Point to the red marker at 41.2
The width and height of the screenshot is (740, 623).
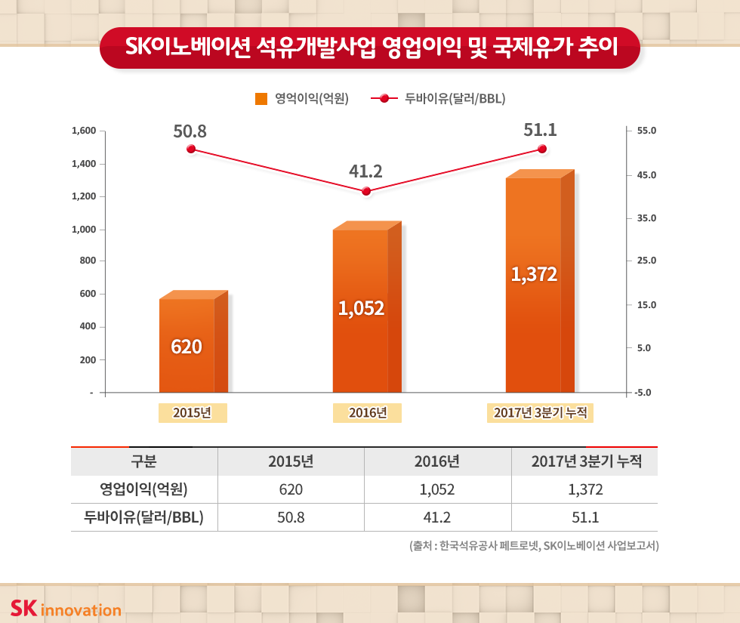[x=366, y=191]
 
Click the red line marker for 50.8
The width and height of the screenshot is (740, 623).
[x=191, y=149]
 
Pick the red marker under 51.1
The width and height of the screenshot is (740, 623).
[x=541, y=149]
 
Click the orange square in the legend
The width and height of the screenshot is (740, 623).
[x=262, y=98]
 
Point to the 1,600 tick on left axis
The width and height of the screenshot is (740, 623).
[x=83, y=131]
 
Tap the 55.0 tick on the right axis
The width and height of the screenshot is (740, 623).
[x=647, y=131]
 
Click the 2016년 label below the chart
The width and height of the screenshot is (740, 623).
[x=367, y=413]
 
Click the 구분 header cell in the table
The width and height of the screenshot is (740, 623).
[x=143, y=461]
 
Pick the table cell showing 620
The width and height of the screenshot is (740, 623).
[x=291, y=489]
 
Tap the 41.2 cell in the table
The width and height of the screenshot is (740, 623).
[x=437, y=517]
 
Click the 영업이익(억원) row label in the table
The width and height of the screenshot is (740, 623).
[x=143, y=489]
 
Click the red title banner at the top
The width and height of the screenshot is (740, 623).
[x=370, y=48]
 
